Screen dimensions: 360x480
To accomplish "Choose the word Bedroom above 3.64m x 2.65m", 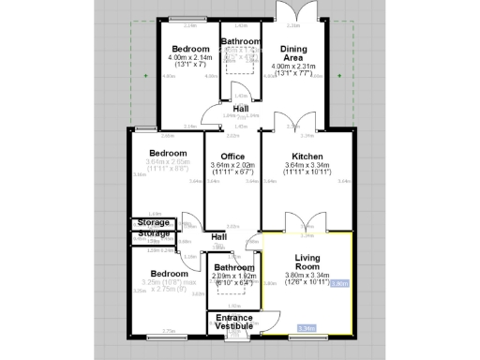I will (169, 153).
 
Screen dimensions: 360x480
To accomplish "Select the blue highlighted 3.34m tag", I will (306, 328).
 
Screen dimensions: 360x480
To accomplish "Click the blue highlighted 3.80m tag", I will (340, 282).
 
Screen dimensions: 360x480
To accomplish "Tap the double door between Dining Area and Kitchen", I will (286, 120).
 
